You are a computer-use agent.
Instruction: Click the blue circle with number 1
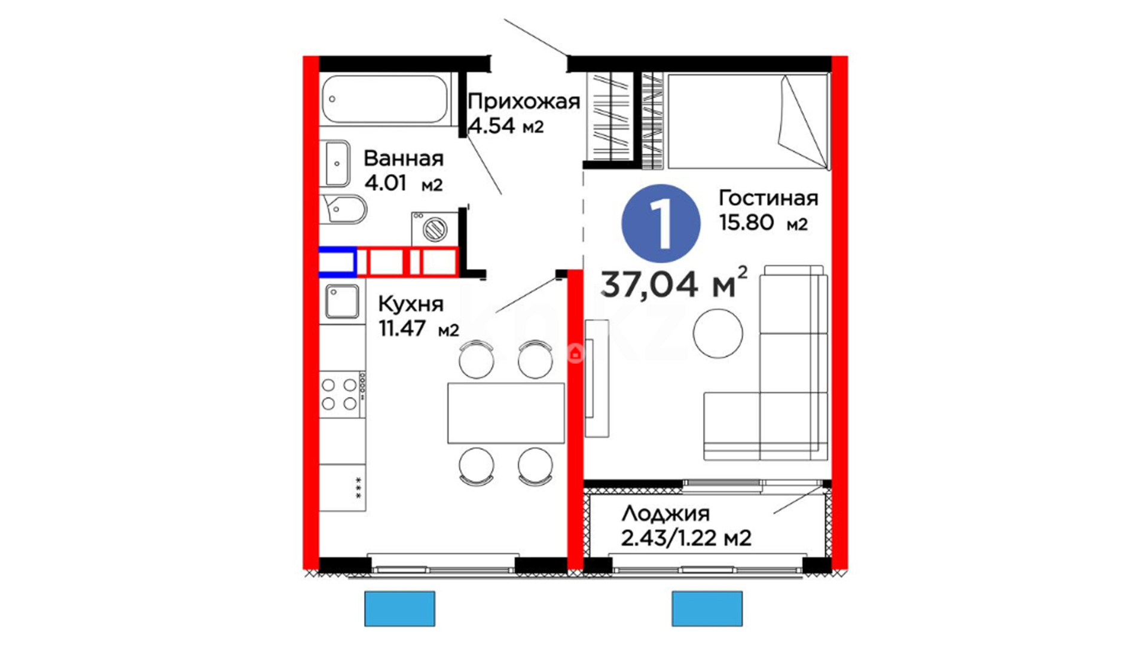(661, 223)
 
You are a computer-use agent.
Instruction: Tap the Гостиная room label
(768, 198)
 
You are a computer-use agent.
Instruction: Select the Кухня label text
(411, 304)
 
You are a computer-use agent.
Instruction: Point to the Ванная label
(404, 159)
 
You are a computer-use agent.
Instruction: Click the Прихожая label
(524, 102)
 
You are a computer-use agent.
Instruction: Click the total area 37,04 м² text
(674, 283)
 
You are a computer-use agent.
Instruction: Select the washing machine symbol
(435, 228)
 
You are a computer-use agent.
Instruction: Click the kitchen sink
(342, 301)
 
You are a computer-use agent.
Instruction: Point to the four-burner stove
(342, 394)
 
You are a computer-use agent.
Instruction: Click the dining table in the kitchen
(506, 413)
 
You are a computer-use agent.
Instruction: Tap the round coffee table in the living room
(717, 333)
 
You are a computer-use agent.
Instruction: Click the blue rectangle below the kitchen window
(400, 609)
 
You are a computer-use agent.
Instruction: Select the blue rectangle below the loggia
(707, 609)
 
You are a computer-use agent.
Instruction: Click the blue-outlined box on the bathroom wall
(338, 262)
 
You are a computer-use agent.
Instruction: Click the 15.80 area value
(746, 223)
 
